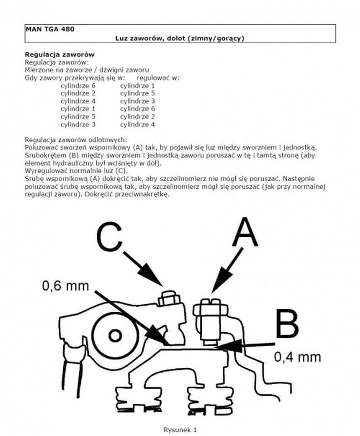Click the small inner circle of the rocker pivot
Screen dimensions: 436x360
point(115,333)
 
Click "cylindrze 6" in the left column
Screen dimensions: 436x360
point(78,86)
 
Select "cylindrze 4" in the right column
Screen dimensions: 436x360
point(137,124)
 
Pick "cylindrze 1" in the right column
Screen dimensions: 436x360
point(137,86)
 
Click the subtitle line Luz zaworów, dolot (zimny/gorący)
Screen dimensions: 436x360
point(179,38)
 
